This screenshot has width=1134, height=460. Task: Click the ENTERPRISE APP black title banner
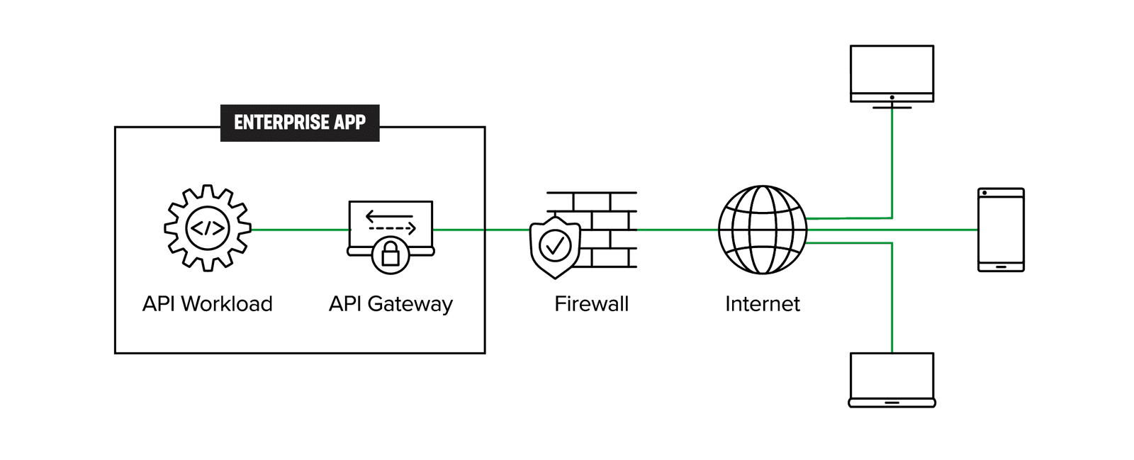tap(300, 123)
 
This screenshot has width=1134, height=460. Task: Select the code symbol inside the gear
tap(208, 228)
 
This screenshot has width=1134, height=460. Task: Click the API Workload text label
tap(208, 304)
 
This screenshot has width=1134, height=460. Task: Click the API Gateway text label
tap(391, 304)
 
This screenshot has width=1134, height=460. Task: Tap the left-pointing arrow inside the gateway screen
tap(388, 215)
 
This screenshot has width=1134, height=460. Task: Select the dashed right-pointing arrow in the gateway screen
tap(391, 229)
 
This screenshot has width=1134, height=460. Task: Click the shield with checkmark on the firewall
tap(555, 247)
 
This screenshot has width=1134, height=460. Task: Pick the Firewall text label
tap(591, 304)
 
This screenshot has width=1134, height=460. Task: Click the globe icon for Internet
tap(762, 229)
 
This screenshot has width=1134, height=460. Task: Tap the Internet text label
tap(762, 304)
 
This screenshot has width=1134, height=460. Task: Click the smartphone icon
tap(1001, 230)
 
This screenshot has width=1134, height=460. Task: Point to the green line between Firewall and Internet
tap(677, 230)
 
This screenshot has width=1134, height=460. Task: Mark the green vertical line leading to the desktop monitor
tap(892, 163)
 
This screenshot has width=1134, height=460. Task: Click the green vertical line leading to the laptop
tap(892, 298)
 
